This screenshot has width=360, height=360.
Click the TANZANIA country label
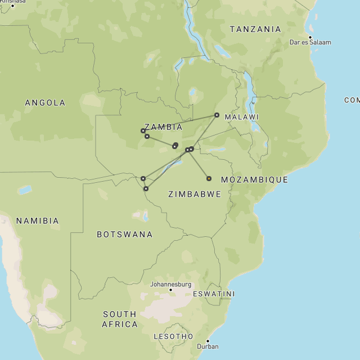(x=255, y=29)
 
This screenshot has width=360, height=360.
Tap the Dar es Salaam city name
(x=310, y=42)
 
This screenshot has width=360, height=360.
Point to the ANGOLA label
(x=45, y=103)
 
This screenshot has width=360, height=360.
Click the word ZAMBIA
(x=163, y=127)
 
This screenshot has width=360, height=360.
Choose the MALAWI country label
(x=242, y=117)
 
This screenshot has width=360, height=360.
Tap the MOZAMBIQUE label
(x=254, y=179)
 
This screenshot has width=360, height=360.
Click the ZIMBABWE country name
(x=194, y=194)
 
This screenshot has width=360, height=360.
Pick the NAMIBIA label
(x=37, y=221)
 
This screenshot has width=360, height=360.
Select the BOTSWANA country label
(x=124, y=234)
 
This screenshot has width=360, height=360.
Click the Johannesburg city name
(x=170, y=285)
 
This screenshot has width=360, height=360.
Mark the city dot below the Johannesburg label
(x=171, y=290)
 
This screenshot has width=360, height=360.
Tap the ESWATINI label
(x=214, y=294)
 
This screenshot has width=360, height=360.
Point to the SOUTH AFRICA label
(x=120, y=319)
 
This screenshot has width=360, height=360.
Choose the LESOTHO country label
(x=174, y=336)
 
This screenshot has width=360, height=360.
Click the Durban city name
(x=208, y=346)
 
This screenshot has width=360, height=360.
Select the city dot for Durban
(x=208, y=341)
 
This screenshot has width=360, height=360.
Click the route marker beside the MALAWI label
(x=217, y=115)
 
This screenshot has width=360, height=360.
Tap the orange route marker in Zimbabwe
(x=209, y=178)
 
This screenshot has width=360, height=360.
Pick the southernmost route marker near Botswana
(x=146, y=188)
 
